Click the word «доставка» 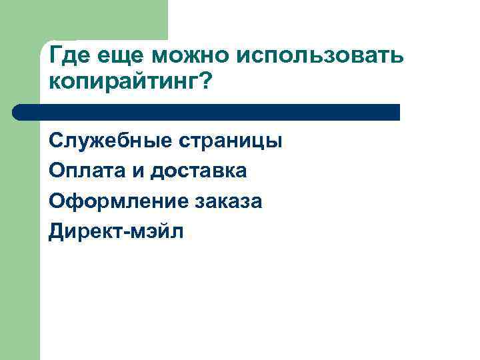click(198, 171)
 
